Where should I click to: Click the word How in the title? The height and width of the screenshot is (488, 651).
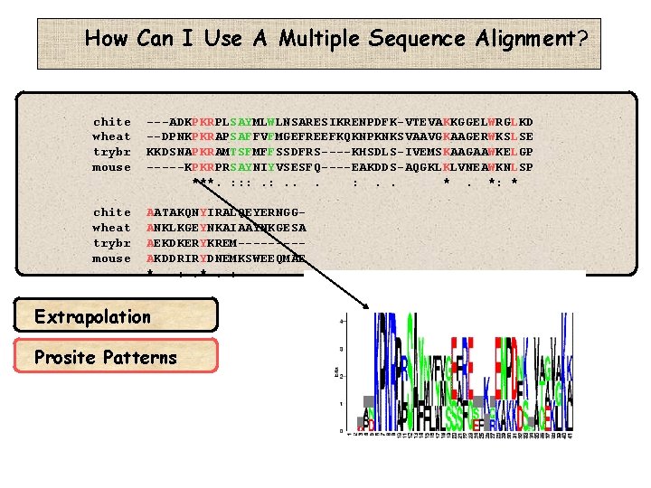tap(106, 39)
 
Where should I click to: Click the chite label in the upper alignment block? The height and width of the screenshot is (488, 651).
tap(112, 122)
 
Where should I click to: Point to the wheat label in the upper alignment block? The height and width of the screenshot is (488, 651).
tap(112, 137)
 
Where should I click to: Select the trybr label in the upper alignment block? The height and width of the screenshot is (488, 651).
tap(112, 153)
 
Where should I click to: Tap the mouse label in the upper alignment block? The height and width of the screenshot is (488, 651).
tap(112, 168)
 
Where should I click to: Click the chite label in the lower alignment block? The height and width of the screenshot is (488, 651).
tap(112, 212)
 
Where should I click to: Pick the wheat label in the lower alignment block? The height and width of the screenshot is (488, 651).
tap(112, 228)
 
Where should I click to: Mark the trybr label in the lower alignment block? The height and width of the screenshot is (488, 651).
tap(112, 243)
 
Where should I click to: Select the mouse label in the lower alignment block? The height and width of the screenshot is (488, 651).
tap(112, 258)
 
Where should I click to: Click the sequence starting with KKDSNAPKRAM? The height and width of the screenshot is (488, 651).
tap(339, 153)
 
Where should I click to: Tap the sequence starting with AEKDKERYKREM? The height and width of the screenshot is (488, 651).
tap(225, 243)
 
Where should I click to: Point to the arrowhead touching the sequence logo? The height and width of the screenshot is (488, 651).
tap(368, 307)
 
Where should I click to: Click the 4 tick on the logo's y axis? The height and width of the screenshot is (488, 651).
tap(341, 321)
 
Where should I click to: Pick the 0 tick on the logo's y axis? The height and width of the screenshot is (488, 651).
tap(341, 427)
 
